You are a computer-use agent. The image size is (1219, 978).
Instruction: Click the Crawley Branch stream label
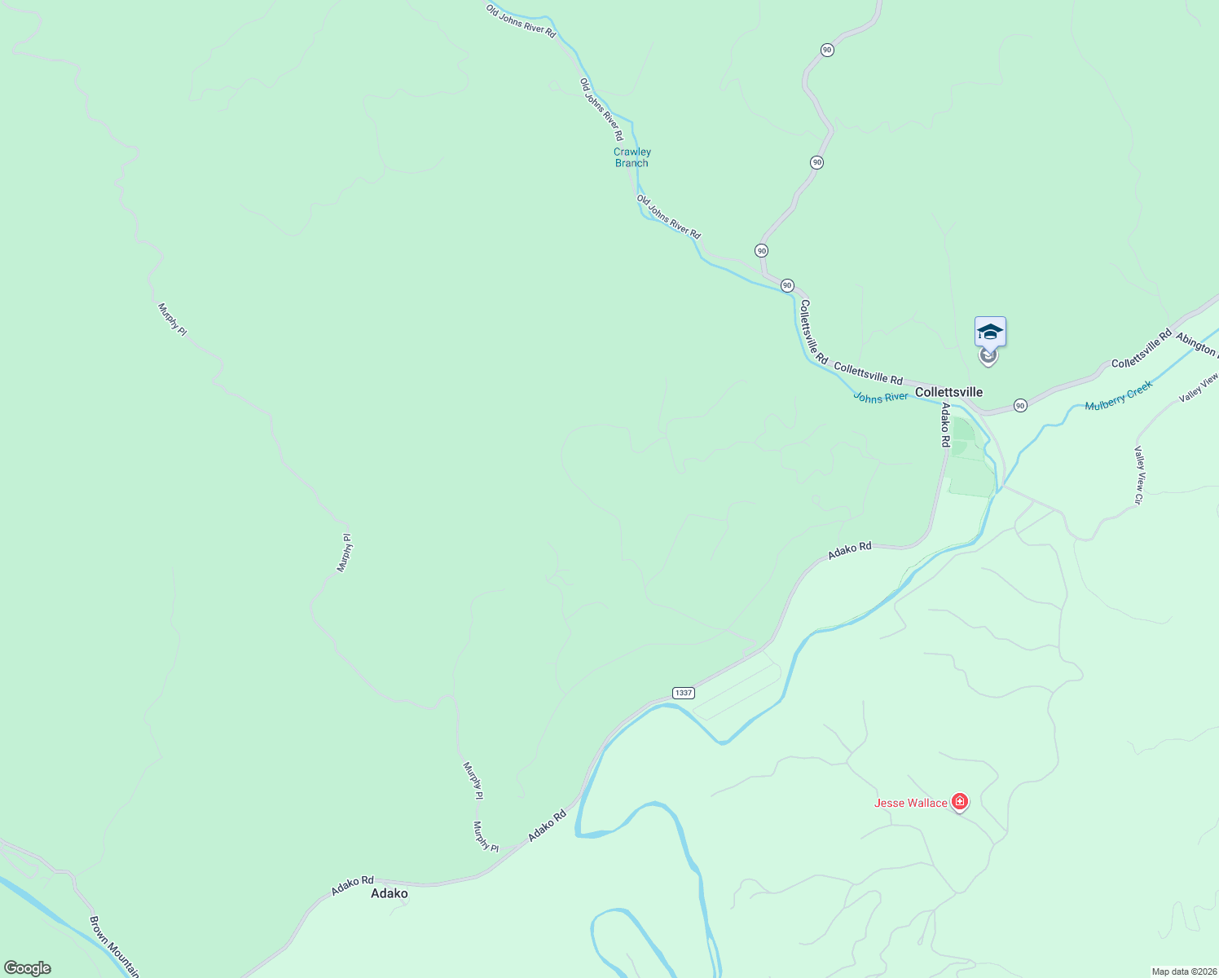[x=632, y=157]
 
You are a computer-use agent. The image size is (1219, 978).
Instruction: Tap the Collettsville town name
[x=948, y=392]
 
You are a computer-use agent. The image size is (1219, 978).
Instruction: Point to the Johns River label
[x=880, y=397]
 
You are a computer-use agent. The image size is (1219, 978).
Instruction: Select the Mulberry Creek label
[x=1119, y=395]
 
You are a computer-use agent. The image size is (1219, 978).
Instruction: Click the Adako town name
[x=389, y=893]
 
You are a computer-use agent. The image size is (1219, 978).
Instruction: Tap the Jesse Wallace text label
[x=910, y=803]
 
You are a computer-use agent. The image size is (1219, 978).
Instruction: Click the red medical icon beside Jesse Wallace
[x=961, y=803]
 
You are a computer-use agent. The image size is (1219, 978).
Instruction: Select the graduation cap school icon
[x=990, y=332]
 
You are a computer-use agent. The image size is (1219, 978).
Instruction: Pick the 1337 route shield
[x=683, y=693]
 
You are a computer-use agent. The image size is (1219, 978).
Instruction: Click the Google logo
[x=27, y=968]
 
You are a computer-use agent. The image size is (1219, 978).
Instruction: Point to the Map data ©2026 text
[x=1184, y=971]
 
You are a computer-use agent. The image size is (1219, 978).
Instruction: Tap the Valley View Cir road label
[x=1139, y=475]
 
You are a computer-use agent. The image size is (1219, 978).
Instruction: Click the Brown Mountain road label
[x=113, y=945]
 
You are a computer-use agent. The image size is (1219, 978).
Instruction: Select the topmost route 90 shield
[x=827, y=50]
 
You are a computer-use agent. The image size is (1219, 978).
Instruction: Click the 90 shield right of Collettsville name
[x=1020, y=405]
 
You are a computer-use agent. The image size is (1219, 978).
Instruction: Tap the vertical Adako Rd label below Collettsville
[x=945, y=425]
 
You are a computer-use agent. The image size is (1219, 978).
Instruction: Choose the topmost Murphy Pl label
[x=172, y=319]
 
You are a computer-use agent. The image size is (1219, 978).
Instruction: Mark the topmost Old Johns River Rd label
[x=521, y=21]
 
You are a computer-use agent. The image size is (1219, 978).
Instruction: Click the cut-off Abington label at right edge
[x=1196, y=346]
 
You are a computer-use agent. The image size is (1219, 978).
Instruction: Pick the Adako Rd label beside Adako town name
[x=352, y=886]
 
